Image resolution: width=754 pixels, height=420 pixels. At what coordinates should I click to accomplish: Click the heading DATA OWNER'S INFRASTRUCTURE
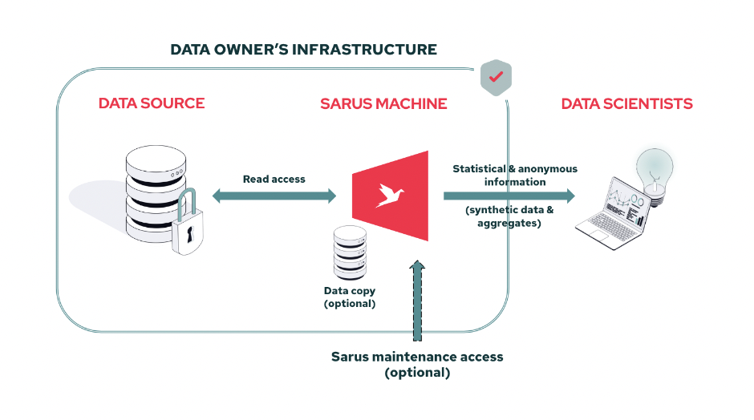303,50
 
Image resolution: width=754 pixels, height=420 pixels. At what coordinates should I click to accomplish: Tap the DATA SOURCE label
152,103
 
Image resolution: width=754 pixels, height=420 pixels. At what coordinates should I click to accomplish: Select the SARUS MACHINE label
383,103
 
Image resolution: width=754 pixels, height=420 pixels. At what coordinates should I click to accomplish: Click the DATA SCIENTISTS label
626,103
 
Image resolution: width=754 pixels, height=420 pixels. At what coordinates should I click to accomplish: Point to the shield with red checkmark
496,78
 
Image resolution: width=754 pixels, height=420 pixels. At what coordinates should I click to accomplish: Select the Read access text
274,179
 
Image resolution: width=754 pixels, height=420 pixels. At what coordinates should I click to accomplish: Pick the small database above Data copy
350,251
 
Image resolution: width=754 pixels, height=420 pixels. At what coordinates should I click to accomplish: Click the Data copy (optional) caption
349,297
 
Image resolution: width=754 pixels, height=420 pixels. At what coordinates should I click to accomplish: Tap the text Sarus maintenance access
417,357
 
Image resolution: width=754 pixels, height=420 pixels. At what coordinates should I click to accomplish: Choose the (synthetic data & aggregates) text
509,216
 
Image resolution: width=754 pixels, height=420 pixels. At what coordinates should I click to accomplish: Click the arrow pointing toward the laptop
509,196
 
